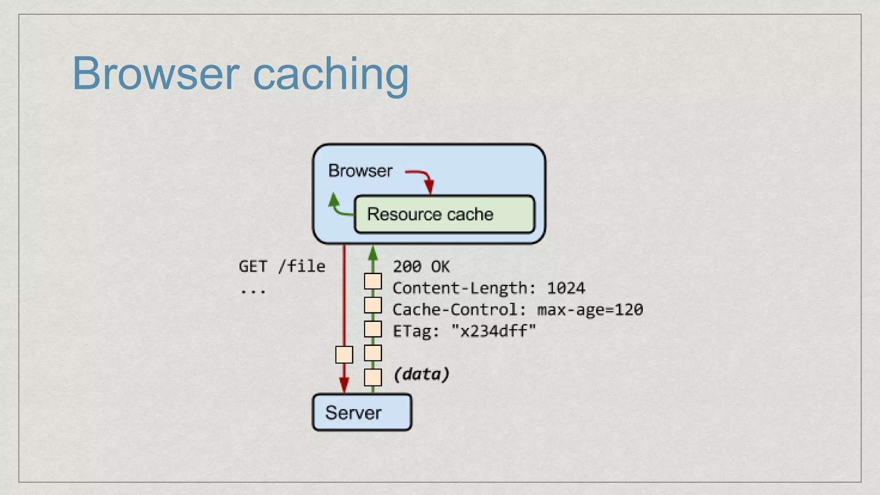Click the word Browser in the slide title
[x=156, y=74]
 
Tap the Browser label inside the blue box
[x=360, y=171]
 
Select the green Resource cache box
[x=444, y=214]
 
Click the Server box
[x=362, y=412]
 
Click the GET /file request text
[x=282, y=266]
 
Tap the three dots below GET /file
[x=253, y=292]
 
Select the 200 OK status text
[x=421, y=267]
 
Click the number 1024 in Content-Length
[x=565, y=288]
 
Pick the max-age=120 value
[x=590, y=310]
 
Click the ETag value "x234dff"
[x=493, y=331]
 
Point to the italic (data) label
[x=422, y=374]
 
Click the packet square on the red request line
[x=344, y=355]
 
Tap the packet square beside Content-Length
[x=373, y=282]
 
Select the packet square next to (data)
[x=373, y=377]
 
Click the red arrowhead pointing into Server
[x=344, y=385]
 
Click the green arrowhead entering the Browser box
[x=373, y=254]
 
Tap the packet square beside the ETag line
[x=373, y=329]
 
